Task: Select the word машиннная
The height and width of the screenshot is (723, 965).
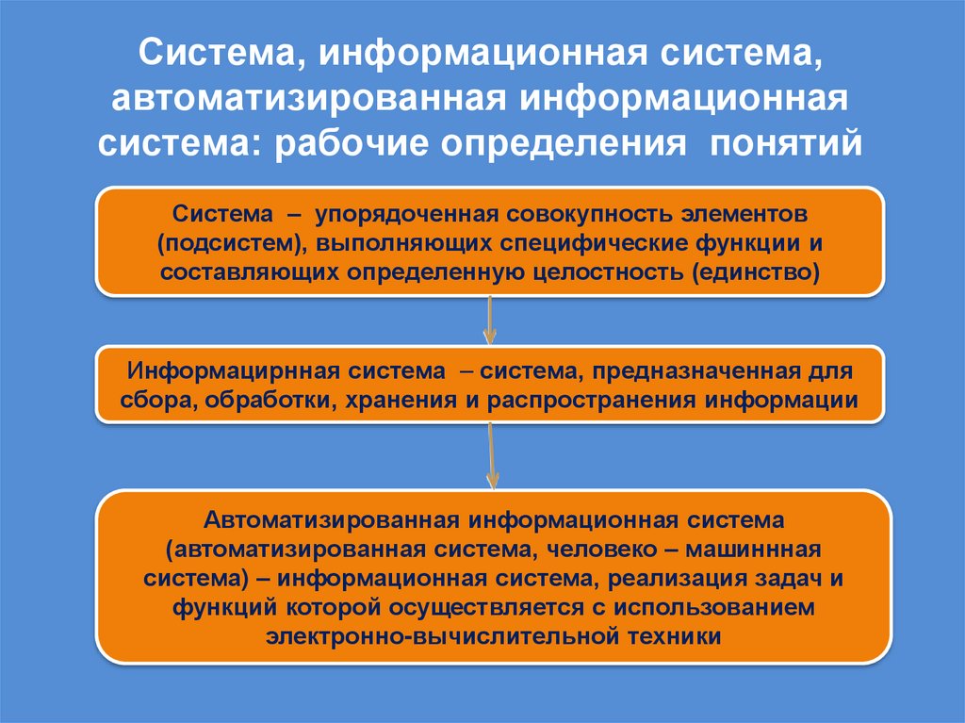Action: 754,549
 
